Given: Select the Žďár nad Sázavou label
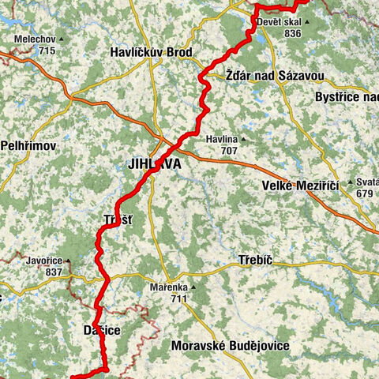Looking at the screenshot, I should point(263,76).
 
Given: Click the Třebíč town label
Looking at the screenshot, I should point(254,260).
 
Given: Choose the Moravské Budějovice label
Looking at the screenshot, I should point(230,346).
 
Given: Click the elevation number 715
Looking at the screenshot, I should point(47,51).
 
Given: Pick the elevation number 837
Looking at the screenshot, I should point(54,272).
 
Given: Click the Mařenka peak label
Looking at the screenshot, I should point(173,287).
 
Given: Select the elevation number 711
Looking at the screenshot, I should point(178,299).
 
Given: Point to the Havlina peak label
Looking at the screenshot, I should point(222,139).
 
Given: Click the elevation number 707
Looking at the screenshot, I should point(229,150).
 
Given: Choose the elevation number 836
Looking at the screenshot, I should point(292,34).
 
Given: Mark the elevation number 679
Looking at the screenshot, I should point(365,193).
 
